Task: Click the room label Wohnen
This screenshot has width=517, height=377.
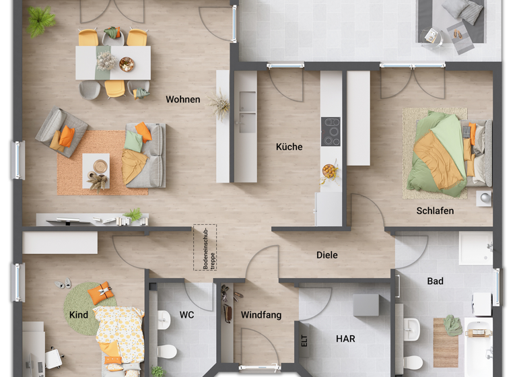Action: (x=183, y=100)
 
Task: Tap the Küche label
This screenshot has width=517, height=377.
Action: (x=289, y=147)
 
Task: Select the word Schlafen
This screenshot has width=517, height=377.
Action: (x=435, y=211)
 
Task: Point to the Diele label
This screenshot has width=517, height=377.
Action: (x=327, y=255)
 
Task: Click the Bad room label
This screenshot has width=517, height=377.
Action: (x=435, y=281)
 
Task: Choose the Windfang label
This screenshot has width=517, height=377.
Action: (x=261, y=315)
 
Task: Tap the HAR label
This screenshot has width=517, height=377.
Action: (x=346, y=339)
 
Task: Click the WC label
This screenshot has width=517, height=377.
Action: (x=186, y=314)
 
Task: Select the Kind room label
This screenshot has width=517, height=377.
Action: (x=79, y=315)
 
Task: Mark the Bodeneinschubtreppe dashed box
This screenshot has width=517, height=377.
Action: (x=205, y=248)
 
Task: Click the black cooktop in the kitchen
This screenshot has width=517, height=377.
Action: (x=331, y=131)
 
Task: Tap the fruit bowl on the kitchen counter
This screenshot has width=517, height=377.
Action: (x=330, y=171)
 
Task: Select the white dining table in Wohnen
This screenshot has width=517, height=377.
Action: (x=112, y=62)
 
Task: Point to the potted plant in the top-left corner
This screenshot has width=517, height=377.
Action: (x=41, y=20)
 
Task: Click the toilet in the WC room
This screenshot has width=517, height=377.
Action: (x=166, y=350)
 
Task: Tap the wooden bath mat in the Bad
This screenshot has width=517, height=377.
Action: (x=445, y=341)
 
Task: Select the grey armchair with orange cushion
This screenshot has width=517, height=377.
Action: (x=62, y=133)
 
